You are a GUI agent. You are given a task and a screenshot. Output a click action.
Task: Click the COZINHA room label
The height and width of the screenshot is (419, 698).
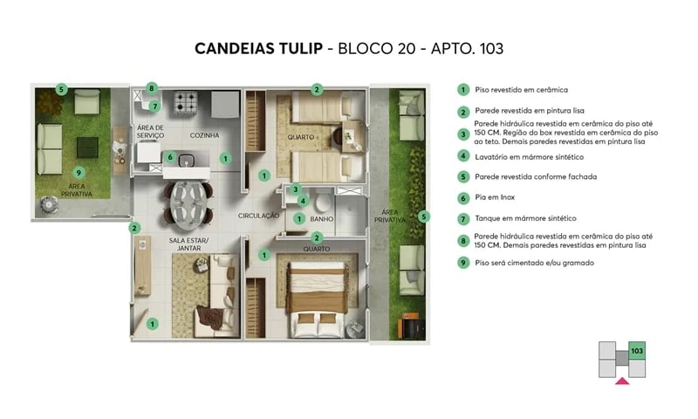coord(204,135)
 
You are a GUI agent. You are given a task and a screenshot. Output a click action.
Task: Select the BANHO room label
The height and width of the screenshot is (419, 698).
coord(323,219)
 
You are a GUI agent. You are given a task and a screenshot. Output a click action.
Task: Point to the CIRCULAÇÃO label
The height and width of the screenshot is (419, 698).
coord(258,215)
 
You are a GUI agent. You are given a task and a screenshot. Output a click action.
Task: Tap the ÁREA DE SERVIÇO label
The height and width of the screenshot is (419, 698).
coord(150,132)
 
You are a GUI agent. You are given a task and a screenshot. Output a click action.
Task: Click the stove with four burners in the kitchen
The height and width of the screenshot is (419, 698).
coord(186,104)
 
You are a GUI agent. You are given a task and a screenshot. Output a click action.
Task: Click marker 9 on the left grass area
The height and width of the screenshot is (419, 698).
coord(79,172)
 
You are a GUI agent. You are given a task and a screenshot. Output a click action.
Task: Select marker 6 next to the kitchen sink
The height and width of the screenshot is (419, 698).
coord(171,158)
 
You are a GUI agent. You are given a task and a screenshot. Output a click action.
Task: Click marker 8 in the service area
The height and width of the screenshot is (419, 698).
coord(151,88)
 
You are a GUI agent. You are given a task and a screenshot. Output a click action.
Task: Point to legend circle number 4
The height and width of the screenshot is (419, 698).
coord(463,156)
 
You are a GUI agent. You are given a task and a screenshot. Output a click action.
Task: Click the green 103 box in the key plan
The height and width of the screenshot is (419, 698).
coord(636,352)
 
